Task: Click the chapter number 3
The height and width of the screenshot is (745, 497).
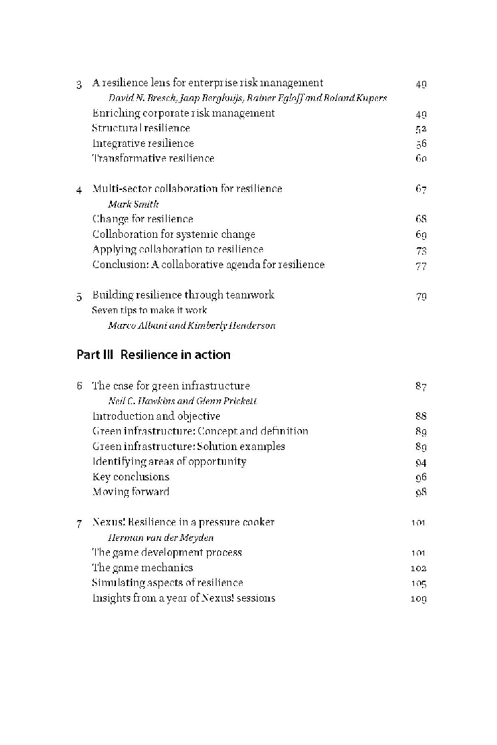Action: coord(80,84)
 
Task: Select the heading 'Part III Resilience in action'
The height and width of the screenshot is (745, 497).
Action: coord(153,355)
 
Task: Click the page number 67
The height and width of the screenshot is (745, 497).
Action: coord(421,189)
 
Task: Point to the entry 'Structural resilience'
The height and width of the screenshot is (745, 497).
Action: coord(141,128)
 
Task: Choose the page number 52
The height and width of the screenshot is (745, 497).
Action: coord(421,129)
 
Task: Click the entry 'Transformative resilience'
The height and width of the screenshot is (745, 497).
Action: coord(153,158)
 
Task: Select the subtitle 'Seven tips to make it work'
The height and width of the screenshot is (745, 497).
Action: coord(149,311)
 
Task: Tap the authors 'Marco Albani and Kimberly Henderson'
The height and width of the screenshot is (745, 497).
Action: coord(192,325)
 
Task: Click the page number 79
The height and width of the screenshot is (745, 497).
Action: coord(421,296)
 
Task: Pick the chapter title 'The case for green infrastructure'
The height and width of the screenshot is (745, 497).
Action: coord(171,386)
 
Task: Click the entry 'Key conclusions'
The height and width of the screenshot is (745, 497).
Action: coord(131,477)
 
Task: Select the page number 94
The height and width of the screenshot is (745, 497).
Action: coord(421,462)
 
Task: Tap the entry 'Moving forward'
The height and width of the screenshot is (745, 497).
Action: coord(131,492)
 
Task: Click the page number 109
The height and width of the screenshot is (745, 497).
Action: coord(418,599)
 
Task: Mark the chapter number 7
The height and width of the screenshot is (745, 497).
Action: coord(80,523)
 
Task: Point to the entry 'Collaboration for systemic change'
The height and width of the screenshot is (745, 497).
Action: coord(173,234)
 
